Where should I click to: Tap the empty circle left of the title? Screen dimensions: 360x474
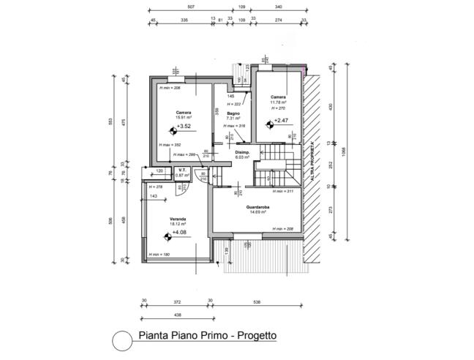tap(121, 340)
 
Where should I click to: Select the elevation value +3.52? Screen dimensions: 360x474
tap(184, 127)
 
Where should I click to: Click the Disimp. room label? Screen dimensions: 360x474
tap(243, 152)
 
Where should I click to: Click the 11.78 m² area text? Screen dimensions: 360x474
tap(277, 102)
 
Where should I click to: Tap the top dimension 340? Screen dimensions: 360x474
tap(279, 7)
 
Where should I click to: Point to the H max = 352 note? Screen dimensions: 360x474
tap(170, 145)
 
